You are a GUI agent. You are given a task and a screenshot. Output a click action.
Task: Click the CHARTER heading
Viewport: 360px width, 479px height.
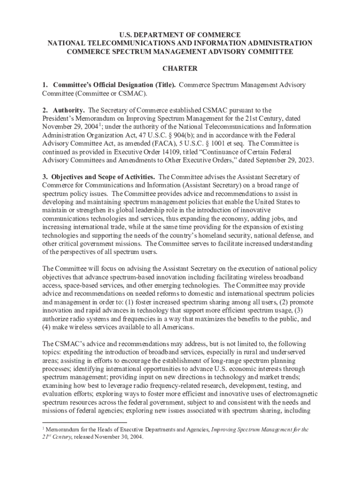tap(180, 69)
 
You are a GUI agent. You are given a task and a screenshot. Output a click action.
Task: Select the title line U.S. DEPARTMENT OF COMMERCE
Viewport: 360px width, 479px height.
tap(180, 35)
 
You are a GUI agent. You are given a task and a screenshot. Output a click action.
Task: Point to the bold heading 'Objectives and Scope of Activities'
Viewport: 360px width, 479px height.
tap(104, 177)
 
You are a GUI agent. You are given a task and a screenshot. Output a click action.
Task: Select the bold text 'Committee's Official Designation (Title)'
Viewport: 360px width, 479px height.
tap(115, 85)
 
